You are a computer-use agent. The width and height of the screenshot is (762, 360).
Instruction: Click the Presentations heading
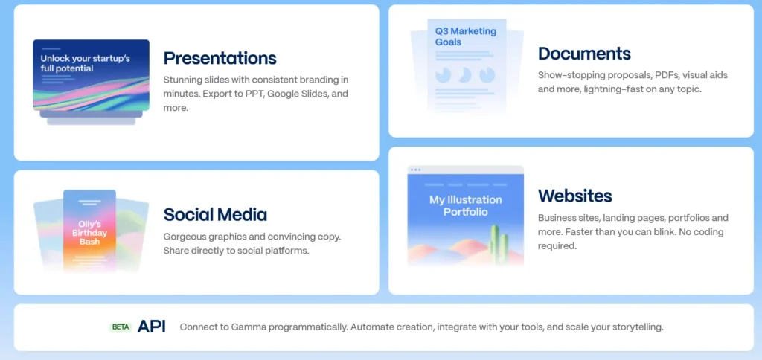click(x=220, y=58)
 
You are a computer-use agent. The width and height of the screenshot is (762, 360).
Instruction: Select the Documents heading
click(x=584, y=54)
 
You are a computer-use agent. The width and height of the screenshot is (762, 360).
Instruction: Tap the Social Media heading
click(x=215, y=214)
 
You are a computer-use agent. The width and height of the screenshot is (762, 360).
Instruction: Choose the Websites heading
click(x=574, y=196)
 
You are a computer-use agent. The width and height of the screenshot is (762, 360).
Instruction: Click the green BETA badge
click(x=121, y=327)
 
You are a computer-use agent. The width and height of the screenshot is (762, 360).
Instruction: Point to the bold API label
click(x=152, y=327)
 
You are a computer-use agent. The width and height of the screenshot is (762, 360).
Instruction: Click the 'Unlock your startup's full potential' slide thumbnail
click(x=91, y=75)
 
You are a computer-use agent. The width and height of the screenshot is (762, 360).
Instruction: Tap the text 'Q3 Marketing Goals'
click(x=466, y=36)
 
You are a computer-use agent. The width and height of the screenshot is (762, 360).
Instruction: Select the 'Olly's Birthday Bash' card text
click(x=89, y=233)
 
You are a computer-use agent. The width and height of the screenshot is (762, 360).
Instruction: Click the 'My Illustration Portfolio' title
click(x=466, y=206)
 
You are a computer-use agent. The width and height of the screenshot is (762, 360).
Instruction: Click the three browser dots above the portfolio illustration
click(x=415, y=170)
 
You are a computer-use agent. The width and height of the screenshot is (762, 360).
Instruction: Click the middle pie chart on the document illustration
click(x=464, y=75)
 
